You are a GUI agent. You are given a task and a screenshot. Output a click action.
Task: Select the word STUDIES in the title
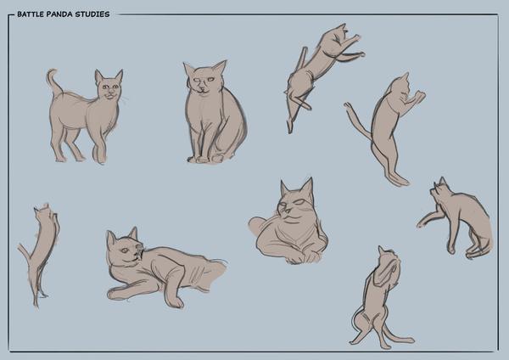[x=92, y=14]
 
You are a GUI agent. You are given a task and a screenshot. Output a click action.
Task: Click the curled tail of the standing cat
[x=53, y=82]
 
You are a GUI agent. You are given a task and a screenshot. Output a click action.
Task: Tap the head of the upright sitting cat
[x=204, y=78]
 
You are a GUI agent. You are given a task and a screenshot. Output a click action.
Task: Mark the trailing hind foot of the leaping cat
[x=289, y=126]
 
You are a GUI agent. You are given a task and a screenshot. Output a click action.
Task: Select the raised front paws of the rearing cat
[x=418, y=97]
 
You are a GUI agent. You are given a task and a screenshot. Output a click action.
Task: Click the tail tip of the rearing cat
[x=347, y=105]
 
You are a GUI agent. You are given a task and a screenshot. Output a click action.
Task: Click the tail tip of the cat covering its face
[x=410, y=340]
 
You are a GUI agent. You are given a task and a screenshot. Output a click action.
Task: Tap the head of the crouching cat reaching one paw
[x=441, y=192]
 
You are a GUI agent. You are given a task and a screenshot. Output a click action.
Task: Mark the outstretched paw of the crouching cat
[x=422, y=223]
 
